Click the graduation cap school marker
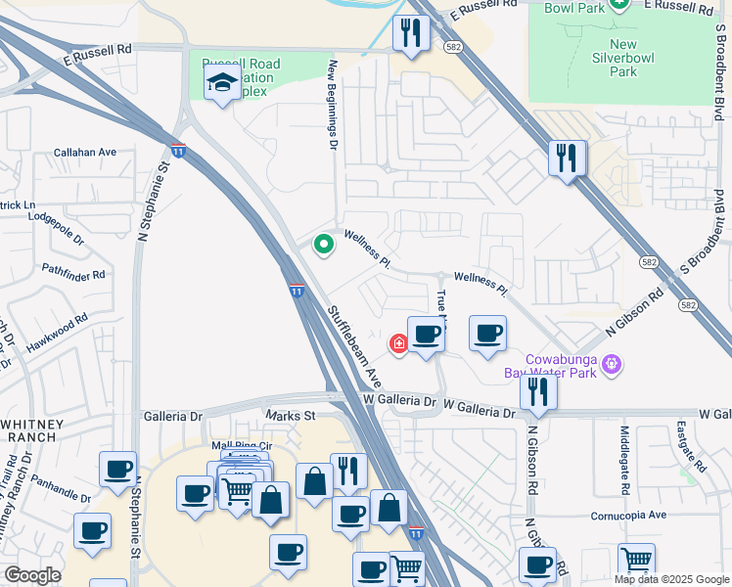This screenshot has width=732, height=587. [x=223, y=82]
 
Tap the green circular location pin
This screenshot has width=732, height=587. [x=323, y=245]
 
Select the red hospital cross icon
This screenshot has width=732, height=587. [x=398, y=343]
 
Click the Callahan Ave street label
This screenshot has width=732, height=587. [x=84, y=153]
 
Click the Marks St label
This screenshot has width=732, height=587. [x=291, y=416]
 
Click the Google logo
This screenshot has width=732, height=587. [x=32, y=575]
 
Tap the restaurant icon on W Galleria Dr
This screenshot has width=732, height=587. [x=538, y=389]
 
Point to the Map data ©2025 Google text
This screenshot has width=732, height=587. [x=671, y=579]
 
